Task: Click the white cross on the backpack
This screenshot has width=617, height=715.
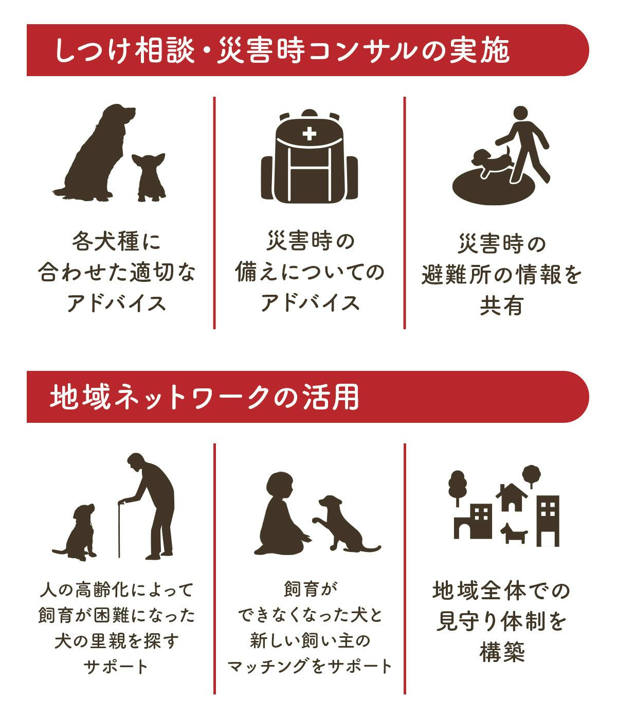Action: tap(309, 134)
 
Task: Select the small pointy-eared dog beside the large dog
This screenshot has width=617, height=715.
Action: tap(149, 177)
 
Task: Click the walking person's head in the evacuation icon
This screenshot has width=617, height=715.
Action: tap(520, 113)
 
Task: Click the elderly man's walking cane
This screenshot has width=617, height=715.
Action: tap(119, 531)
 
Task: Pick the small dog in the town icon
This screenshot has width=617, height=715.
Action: tap(514, 533)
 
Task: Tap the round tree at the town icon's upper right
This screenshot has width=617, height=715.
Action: tap(531, 475)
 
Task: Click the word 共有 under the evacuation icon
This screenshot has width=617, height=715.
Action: tap(501, 306)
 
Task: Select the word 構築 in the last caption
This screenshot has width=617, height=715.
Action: tap(502, 652)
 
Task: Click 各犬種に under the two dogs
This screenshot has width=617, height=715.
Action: tap(116, 241)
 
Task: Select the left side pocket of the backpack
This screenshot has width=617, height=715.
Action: tap(267, 178)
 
